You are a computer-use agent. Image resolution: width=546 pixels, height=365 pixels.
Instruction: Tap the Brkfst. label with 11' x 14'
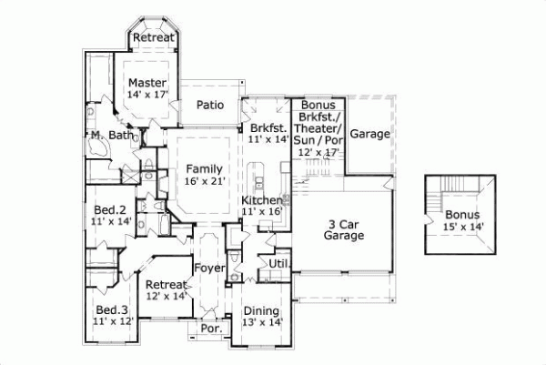268,128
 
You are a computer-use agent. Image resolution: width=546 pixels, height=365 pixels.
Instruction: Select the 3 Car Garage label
343,228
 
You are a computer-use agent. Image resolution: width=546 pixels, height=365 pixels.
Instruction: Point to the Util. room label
278,263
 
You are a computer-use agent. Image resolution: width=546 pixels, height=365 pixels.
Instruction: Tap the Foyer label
209,269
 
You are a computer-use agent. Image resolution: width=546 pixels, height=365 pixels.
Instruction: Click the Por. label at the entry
211,328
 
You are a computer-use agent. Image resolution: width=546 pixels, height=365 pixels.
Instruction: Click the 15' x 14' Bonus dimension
464,226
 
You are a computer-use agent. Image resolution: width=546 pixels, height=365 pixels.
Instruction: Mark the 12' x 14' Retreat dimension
167,296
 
